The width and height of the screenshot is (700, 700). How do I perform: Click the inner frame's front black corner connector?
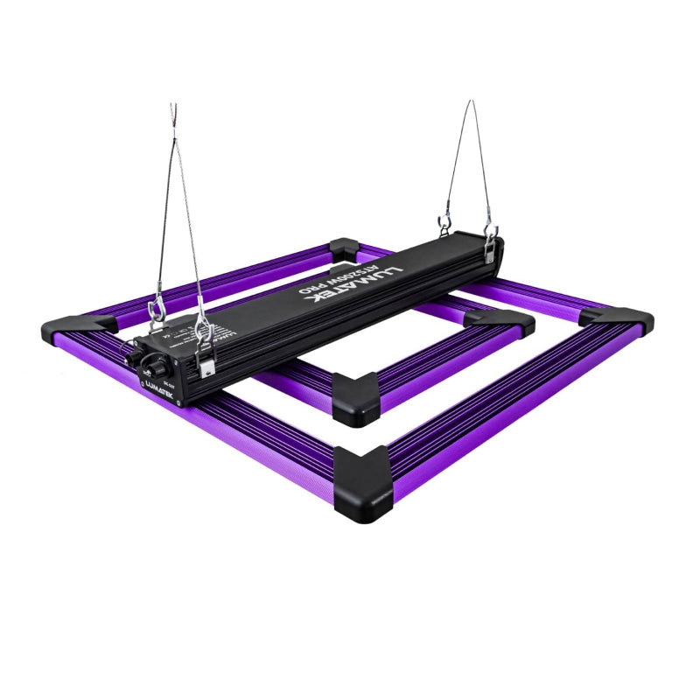pyautogui.click(x=355, y=395)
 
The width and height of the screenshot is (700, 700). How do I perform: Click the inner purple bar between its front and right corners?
pyautogui.click(x=437, y=359)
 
